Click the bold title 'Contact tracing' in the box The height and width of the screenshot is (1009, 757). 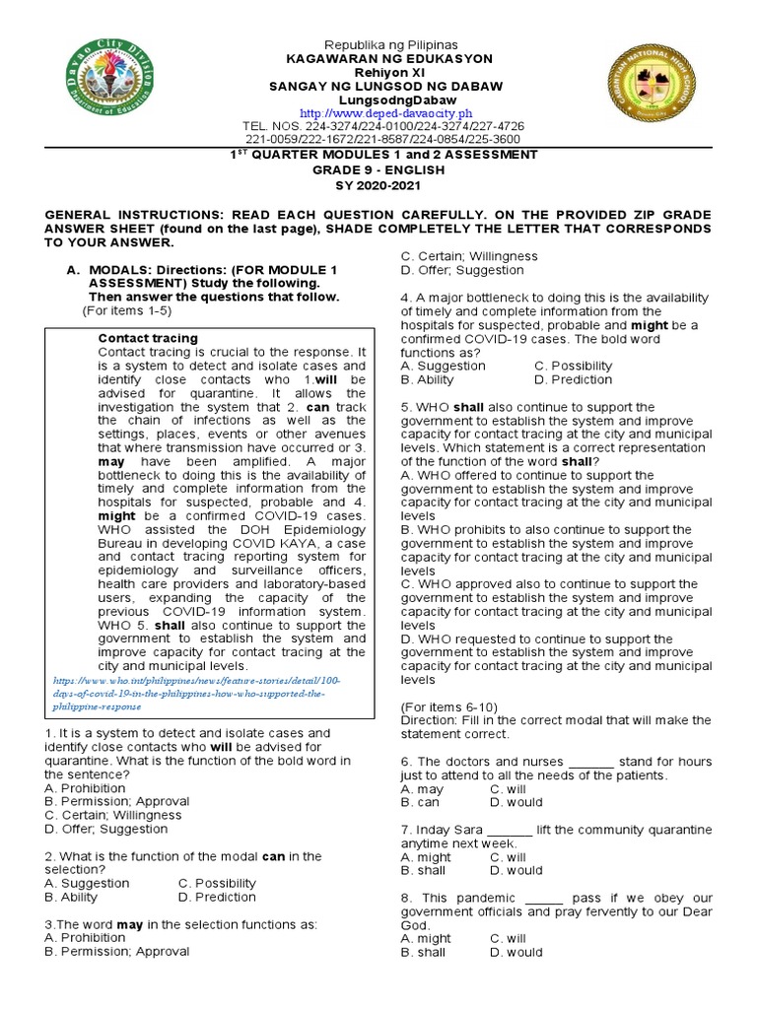148,338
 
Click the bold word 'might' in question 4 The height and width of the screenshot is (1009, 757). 650,325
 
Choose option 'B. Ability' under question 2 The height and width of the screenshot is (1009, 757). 71,897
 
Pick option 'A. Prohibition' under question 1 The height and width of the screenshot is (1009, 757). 85,788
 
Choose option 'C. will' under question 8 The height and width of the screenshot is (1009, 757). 508,939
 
